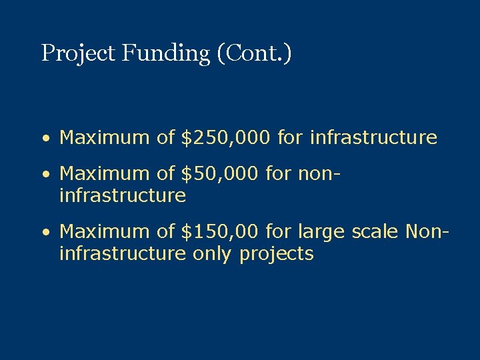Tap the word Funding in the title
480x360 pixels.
165,53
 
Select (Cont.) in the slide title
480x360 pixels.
254,53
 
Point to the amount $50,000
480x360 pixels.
220,173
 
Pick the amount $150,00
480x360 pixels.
220,231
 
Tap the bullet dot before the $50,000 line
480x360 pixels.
44,175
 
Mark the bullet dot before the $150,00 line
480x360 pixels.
44,233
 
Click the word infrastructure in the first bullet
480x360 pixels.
373,138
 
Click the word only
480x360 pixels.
213,254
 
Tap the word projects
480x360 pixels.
276,255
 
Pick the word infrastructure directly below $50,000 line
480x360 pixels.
122,196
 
